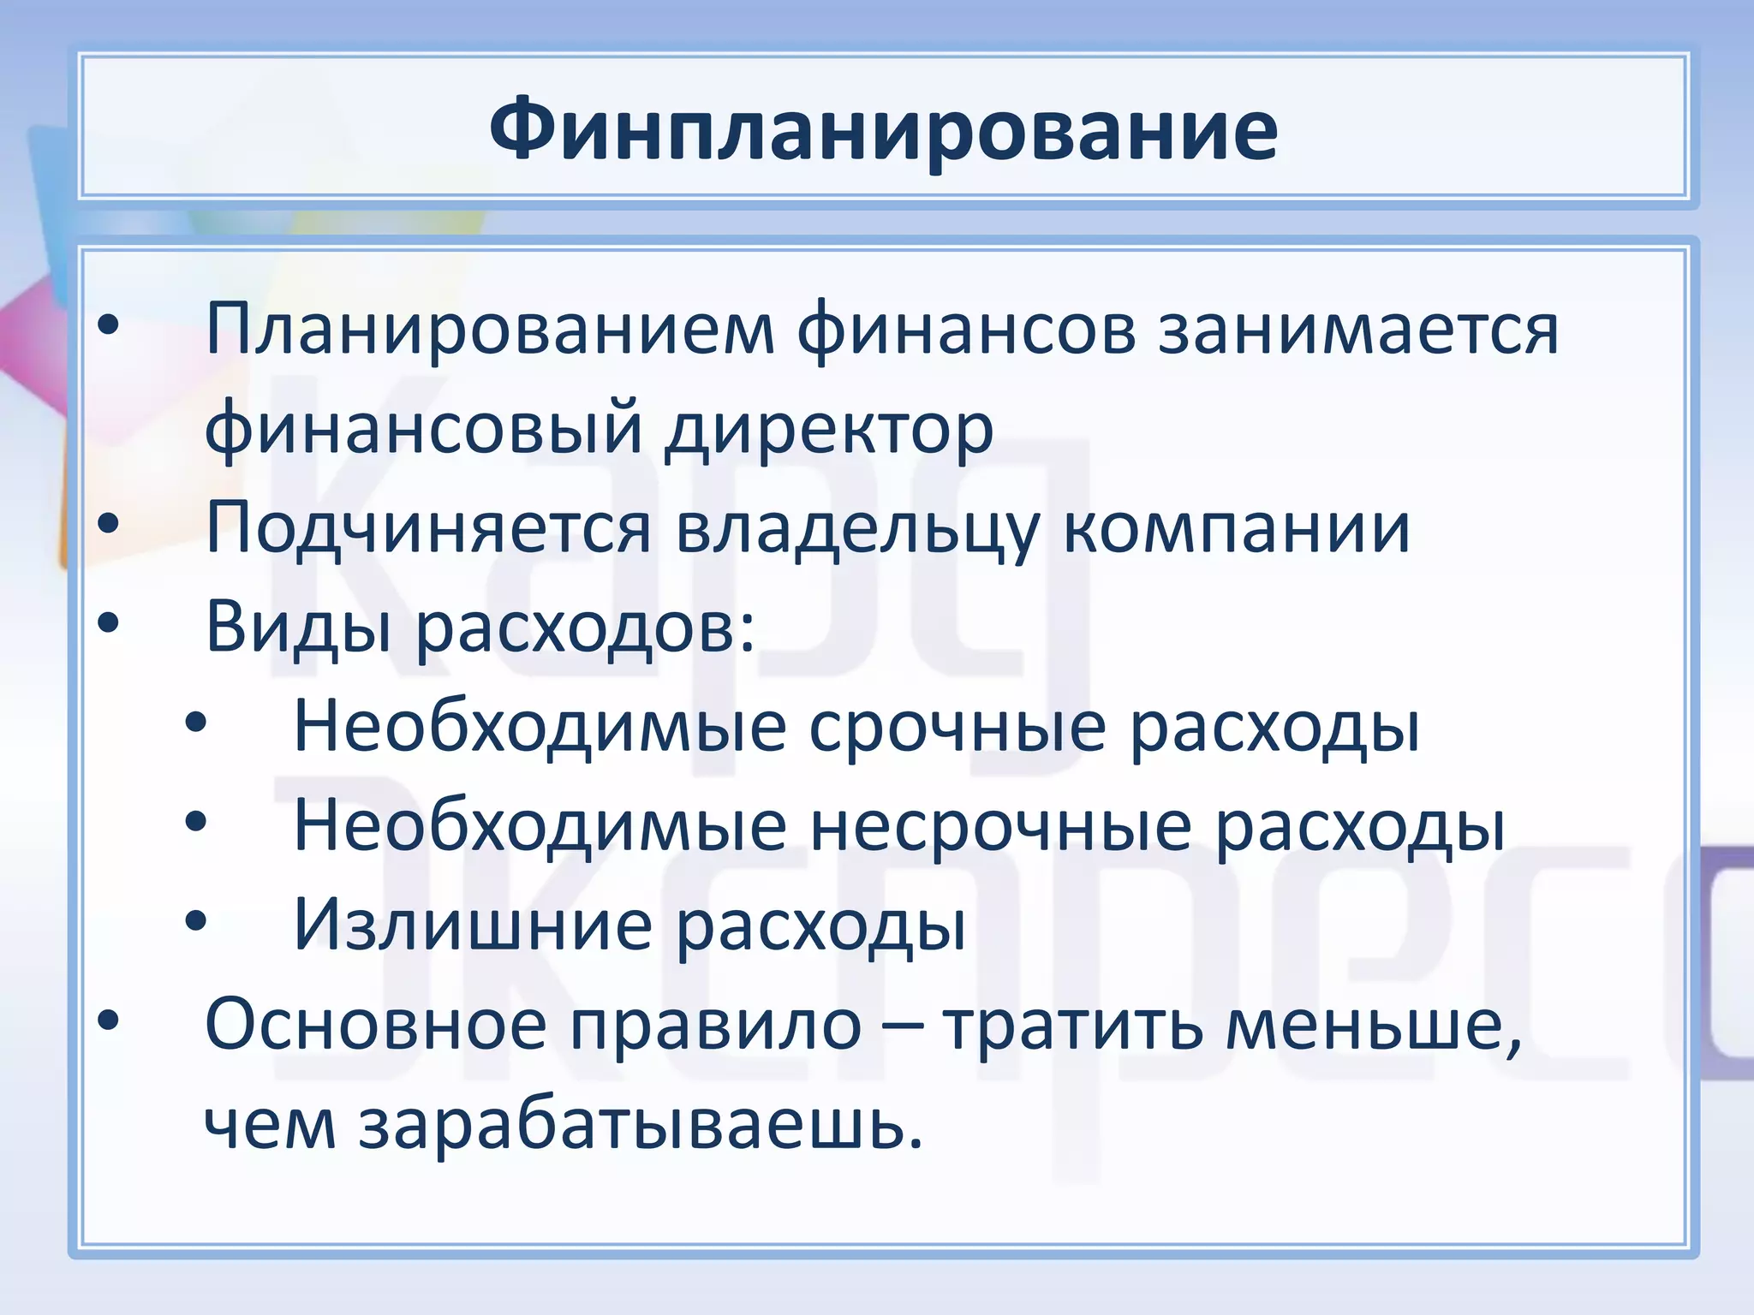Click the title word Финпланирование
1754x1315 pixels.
(883, 131)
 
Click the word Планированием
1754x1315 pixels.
(490, 330)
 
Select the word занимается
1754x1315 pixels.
(1358, 330)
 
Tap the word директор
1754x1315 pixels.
(829, 428)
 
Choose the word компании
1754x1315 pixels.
(1236, 528)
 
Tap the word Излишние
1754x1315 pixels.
(473, 925)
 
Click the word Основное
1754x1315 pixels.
(375, 1025)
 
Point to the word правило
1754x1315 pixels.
(716, 1025)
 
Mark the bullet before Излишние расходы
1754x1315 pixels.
(196, 921)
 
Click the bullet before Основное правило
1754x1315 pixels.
(108, 1020)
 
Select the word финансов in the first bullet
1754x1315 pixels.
(966, 330)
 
